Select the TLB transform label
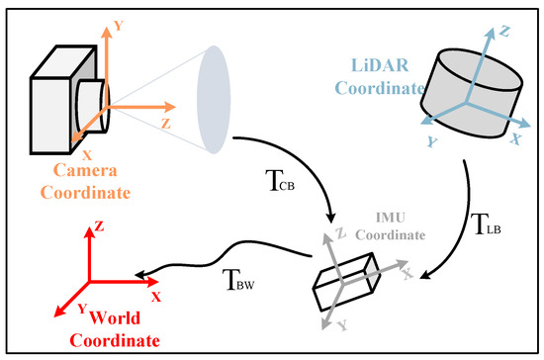(490, 225)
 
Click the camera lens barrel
(89, 102)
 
